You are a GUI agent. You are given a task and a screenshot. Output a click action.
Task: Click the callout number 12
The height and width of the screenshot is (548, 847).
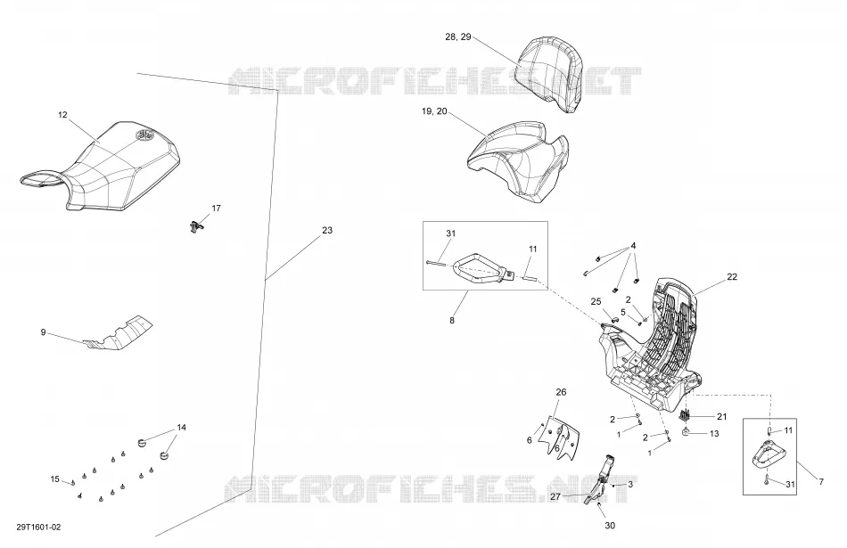pyautogui.click(x=62, y=114)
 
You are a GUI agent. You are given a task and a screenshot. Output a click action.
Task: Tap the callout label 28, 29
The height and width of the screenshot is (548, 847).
pyautogui.click(x=458, y=37)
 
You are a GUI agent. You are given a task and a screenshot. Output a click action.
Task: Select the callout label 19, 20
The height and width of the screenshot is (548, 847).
pyautogui.click(x=434, y=111)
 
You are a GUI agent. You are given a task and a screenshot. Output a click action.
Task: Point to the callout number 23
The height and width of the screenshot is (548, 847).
pyautogui.click(x=327, y=230)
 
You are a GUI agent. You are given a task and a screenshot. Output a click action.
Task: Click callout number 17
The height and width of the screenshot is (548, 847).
pyautogui.click(x=216, y=208)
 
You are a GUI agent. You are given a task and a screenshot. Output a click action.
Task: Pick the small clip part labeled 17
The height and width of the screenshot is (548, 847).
pyautogui.click(x=197, y=226)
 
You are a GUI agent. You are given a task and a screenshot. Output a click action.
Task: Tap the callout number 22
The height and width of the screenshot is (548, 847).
pyautogui.click(x=732, y=276)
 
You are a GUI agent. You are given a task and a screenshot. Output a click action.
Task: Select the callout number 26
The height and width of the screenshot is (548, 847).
pyautogui.click(x=561, y=392)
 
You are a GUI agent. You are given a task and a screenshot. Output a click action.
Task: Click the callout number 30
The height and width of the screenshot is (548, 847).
pyautogui.click(x=610, y=526)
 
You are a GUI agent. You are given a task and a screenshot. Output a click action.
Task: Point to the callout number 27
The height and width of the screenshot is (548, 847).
pyautogui.click(x=555, y=496)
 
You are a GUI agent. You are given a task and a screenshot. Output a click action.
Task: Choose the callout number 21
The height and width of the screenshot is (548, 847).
pyautogui.click(x=722, y=416)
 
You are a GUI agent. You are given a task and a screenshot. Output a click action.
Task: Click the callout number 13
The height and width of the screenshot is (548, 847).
pyautogui.click(x=714, y=434)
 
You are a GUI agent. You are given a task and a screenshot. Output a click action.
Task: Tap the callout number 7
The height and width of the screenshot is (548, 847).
pyautogui.click(x=821, y=481)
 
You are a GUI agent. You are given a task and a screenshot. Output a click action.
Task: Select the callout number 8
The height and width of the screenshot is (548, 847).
pyautogui.click(x=452, y=320)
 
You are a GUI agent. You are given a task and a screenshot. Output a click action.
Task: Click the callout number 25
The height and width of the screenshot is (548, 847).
pyautogui.click(x=596, y=302)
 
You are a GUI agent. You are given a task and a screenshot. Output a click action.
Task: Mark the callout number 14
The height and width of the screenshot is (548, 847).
pyautogui.click(x=182, y=427)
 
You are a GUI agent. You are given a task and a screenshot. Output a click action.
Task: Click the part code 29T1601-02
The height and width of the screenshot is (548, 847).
pyautogui.click(x=38, y=527)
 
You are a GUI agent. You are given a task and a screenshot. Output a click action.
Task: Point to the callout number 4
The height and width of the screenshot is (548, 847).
pyautogui.click(x=634, y=246)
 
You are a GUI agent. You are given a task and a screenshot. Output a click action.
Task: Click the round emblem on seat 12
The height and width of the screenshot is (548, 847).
pyautogui.click(x=144, y=135)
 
